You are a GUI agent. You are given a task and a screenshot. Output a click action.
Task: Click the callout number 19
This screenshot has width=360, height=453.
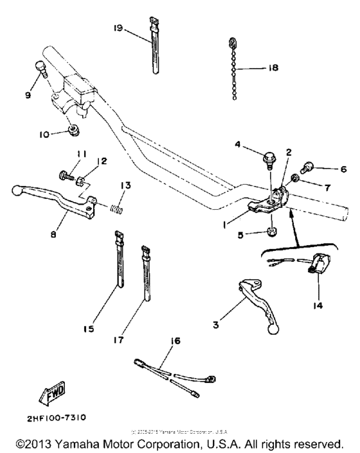point(118,28)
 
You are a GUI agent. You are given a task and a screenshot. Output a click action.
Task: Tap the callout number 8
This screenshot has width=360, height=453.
point(53,236)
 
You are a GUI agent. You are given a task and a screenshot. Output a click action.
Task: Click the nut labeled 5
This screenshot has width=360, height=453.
point(272,230)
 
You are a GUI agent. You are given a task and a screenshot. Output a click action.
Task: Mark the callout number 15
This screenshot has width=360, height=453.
point(89,328)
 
